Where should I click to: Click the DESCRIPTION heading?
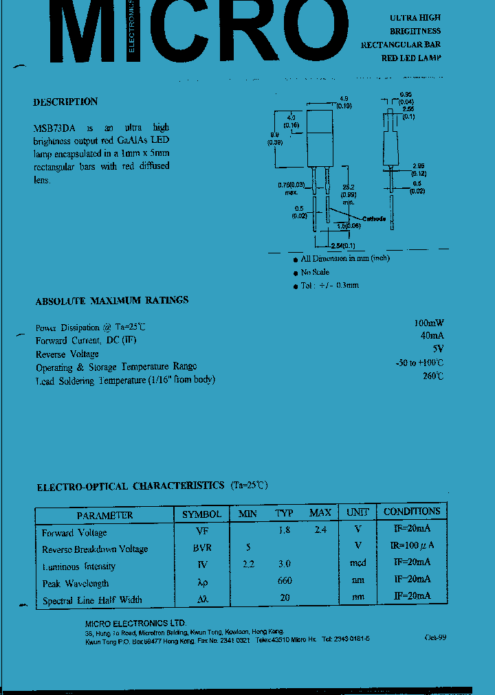65,102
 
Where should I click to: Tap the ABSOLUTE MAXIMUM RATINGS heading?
112,301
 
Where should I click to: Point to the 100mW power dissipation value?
428,323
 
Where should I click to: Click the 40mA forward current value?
431,336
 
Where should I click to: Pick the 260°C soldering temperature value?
433,376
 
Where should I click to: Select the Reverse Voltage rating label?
67,354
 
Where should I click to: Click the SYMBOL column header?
201,514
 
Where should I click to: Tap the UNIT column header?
357,512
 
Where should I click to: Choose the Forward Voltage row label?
74,533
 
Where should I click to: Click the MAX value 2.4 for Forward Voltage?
320,530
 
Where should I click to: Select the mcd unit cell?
357,563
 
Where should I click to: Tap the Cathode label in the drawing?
374,218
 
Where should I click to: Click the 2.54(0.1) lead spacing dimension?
342,245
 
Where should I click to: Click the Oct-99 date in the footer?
435,637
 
